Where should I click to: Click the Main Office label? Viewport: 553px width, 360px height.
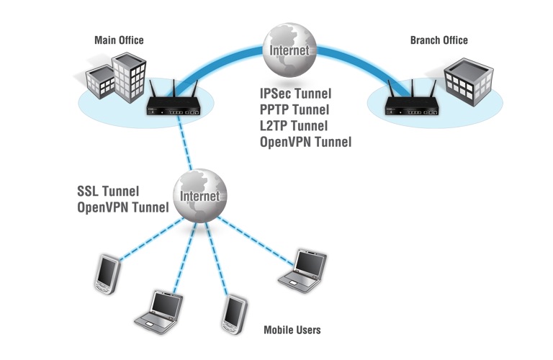119,40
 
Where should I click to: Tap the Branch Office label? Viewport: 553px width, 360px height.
439,40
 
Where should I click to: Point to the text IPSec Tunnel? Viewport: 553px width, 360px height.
295,94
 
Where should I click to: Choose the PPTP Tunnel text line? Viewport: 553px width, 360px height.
295,110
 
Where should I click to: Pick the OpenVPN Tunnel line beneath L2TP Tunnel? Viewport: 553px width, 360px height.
305,143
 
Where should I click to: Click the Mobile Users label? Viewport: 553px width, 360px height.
292,330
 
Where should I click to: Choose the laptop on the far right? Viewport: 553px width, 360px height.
302,273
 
